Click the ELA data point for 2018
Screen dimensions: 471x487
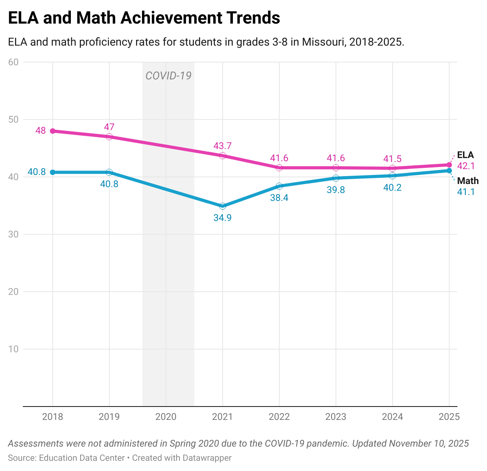[x=53, y=131]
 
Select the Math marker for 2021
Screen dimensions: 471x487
[x=223, y=206]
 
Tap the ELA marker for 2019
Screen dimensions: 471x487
[x=109, y=137]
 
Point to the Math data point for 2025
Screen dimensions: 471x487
[x=449, y=170]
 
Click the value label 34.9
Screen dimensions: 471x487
[x=223, y=217]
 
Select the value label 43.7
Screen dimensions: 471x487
[x=223, y=146]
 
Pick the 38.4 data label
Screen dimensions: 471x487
[x=279, y=198]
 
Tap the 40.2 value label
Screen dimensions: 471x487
[x=392, y=188]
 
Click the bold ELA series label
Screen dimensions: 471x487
[x=465, y=155]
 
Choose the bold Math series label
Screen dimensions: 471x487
[x=468, y=181]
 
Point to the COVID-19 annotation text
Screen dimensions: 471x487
[x=168, y=75]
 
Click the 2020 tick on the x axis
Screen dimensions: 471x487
[x=166, y=417]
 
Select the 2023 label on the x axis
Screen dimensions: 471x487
[x=336, y=417]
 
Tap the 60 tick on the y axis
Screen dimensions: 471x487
[x=13, y=62]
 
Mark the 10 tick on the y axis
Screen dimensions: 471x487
[x=13, y=349]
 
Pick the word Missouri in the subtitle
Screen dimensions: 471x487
[x=322, y=42]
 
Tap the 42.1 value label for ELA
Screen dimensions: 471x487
[x=466, y=166]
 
